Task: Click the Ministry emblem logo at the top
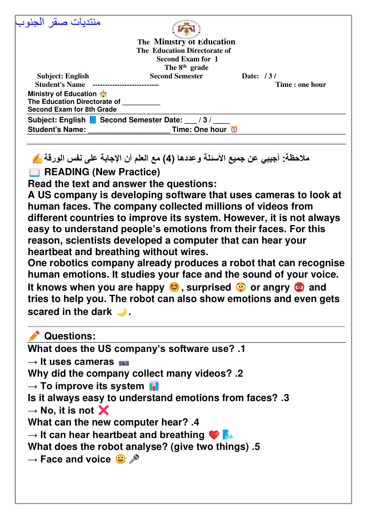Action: [x=186, y=28]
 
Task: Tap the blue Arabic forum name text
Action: [x=58, y=22]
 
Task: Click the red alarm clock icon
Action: [x=234, y=129]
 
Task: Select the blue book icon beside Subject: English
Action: [x=93, y=120]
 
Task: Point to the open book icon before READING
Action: [x=34, y=173]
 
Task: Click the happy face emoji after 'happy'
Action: [x=174, y=287]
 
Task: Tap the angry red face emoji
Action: [x=299, y=287]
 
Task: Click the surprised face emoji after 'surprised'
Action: [x=241, y=287]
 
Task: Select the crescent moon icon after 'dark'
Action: [x=122, y=312]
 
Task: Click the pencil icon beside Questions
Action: [x=34, y=336]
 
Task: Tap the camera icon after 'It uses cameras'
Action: [x=124, y=362]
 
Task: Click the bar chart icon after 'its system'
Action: [x=154, y=386]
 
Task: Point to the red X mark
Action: [x=104, y=410]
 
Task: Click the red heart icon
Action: [x=214, y=435]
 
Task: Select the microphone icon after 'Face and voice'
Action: [x=134, y=459]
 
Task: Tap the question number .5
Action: [x=256, y=447]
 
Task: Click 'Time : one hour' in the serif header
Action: [x=300, y=85]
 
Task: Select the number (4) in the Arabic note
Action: [x=169, y=159]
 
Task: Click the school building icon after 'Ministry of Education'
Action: [x=103, y=94]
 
